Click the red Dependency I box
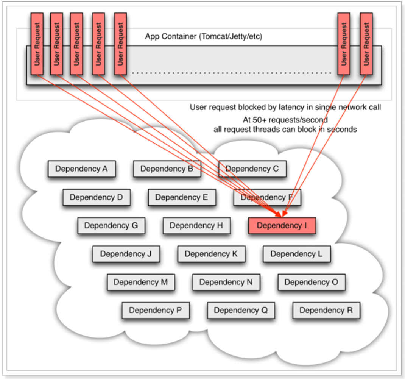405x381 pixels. tap(282, 226)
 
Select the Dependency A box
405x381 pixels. tap(81, 169)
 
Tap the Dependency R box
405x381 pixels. tap(326, 311)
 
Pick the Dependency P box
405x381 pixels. tap(155, 311)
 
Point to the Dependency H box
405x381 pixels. tap(196, 226)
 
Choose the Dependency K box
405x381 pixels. tap(211, 254)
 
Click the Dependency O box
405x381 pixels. tap(311, 282)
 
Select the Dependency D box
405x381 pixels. tap(96, 197)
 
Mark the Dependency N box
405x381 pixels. tap(226, 282)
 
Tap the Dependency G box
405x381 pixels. tap(111, 226)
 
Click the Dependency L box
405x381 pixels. tap(296, 254)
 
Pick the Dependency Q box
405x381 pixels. tap(240, 311)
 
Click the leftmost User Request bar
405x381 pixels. tap(37, 44)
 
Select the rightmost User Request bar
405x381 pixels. tap(366, 44)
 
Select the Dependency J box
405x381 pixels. tap(126, 254)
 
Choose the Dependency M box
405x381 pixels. tap(140, 282)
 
